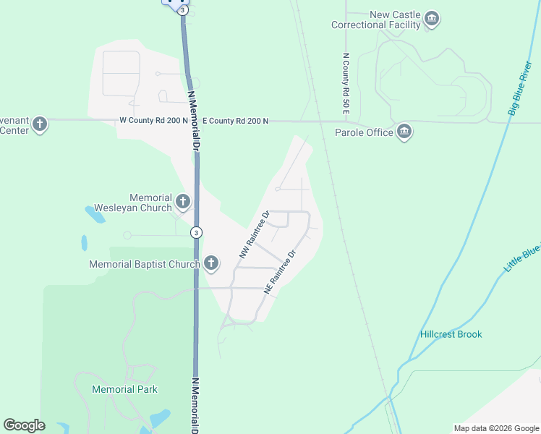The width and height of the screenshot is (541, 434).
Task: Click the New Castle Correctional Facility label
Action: (375, 20)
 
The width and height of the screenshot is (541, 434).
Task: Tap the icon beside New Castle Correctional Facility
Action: (432, 19)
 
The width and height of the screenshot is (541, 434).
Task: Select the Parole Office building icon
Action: (404, 132)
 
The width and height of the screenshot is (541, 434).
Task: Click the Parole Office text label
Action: (364, 132)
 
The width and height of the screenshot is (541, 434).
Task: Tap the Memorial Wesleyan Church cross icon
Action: (183, 202)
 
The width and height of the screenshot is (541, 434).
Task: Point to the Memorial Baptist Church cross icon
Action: (211, 263)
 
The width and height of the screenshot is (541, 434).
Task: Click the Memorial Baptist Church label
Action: (144, 264)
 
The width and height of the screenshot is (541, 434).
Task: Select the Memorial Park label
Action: (125, 389)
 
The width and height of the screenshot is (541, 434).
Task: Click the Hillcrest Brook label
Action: (451, 334)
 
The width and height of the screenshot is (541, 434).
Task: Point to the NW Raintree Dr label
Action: (254, 235)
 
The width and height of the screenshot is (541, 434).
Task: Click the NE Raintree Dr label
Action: (281, 272)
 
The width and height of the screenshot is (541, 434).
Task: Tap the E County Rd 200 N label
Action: (235, 121)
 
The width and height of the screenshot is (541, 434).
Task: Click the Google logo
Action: (24, 425)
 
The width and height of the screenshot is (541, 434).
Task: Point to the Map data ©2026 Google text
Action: (495, 428)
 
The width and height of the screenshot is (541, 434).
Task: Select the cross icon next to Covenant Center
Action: (40, 124)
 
